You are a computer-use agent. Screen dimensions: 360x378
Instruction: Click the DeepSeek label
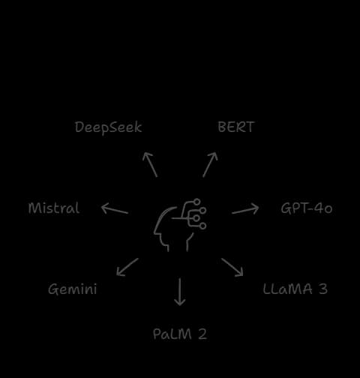(x=108, y=127)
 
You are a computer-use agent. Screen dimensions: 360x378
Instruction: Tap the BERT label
(x=236, y=127)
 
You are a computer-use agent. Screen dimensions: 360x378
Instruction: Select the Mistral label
(x=54, y=208)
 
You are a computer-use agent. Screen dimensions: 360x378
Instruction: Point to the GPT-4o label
(x=307, y=208)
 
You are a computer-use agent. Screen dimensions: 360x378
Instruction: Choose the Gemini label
(x=72, y=289)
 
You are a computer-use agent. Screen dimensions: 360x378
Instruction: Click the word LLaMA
(x=287, y=289)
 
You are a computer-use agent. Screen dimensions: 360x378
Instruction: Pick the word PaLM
(x=172, y=334)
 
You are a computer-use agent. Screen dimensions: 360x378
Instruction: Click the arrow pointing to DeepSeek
(x=150, y=164)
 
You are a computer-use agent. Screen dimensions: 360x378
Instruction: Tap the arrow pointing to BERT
(x=210, y=164)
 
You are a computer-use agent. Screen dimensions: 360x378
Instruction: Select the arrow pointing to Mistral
(x=115, y=209)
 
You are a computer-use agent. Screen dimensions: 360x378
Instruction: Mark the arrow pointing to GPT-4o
(x=245, y=209)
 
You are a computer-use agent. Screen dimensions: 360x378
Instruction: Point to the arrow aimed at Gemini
(x=127, y=267)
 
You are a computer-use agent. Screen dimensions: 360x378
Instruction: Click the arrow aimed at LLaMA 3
(x=232, y=267)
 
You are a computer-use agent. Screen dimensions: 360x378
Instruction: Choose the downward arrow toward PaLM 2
(x=180, y=292)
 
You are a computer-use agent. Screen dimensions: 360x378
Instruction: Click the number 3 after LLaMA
(x=323, y=289)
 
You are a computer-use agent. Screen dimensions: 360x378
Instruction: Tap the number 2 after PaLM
(x=202, y=334)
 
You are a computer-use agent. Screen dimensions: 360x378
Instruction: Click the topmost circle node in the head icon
(x=197, y=202)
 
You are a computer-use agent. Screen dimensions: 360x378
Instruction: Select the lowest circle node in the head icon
(x=203, y=226)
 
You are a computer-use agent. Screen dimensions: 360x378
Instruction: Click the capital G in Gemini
(x=52, y=289)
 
